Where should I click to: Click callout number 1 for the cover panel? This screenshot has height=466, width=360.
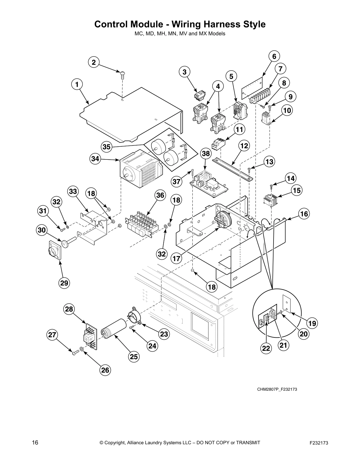tap(77, 85)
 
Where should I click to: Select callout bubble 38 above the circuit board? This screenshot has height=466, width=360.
tap(206, 154)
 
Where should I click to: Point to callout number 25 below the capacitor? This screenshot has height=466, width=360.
tap(134, 357)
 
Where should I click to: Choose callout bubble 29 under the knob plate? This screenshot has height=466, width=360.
tap(64, 283)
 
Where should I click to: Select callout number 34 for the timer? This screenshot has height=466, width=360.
tap(95, 159)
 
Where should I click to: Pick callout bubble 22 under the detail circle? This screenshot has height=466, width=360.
tap(266, 348)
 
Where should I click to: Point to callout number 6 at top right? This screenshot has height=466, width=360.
tap(274, 56)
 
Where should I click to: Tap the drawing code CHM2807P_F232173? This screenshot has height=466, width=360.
tap(277, 389)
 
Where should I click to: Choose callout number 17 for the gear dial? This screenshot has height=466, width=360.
tap(176, 258)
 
